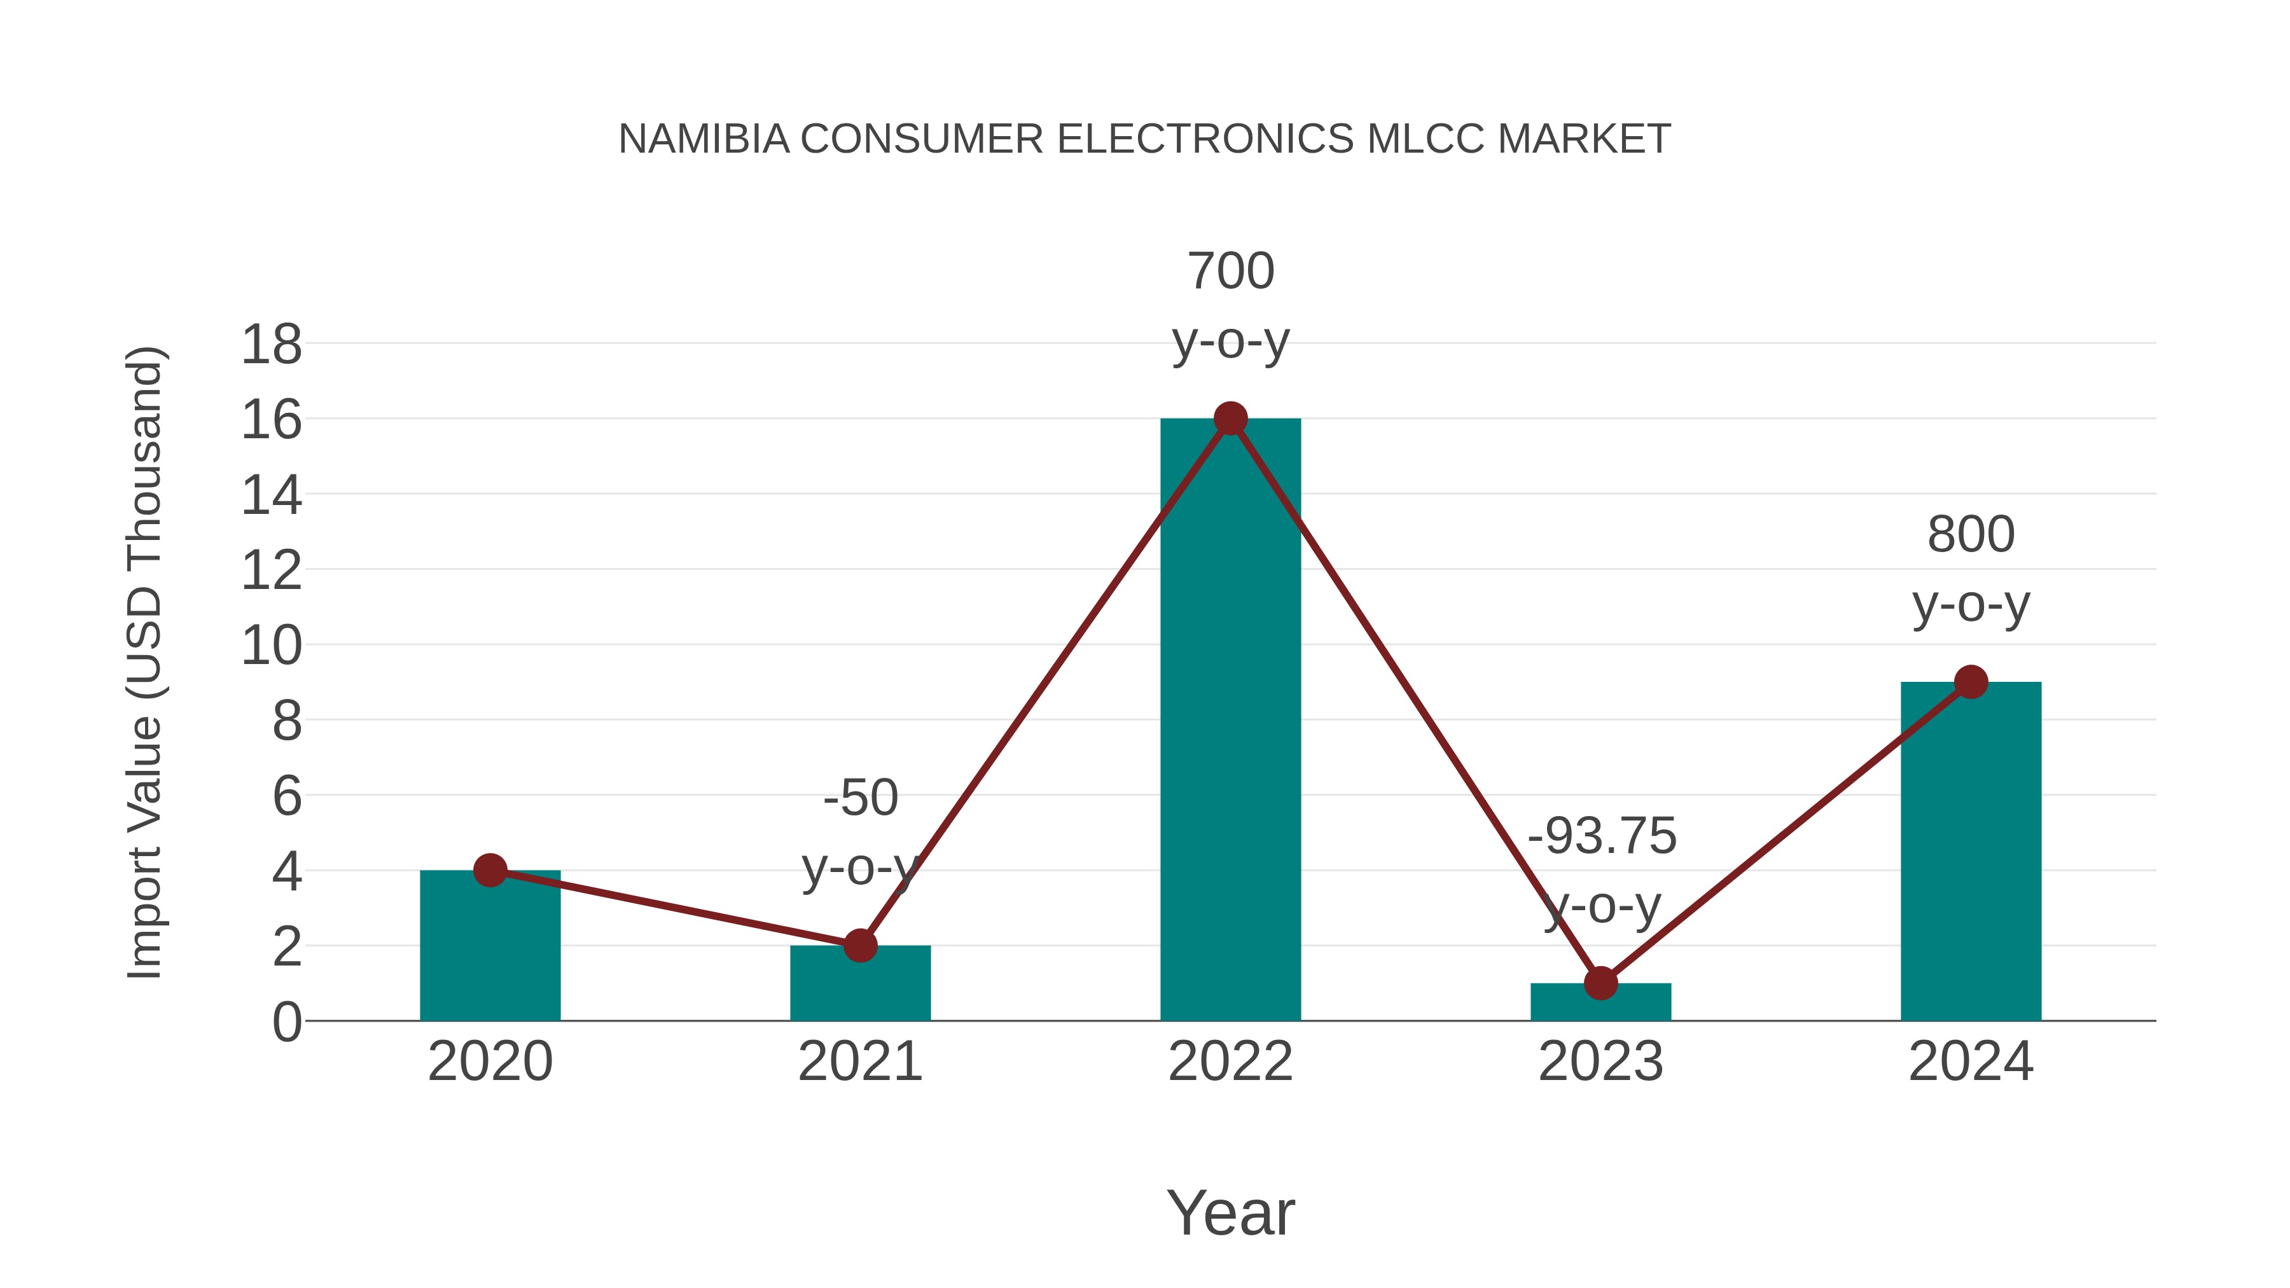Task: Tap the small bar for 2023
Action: (1600, 1002)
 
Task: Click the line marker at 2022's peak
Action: (1230, 418)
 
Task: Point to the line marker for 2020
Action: (490, 870)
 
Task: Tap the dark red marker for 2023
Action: (1600, 983)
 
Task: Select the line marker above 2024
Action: (1971, 682)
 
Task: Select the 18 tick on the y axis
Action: (271, 345)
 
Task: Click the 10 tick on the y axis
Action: (271, 646)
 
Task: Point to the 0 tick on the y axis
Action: (286, 1022)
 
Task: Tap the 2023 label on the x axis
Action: (1600, 1062)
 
